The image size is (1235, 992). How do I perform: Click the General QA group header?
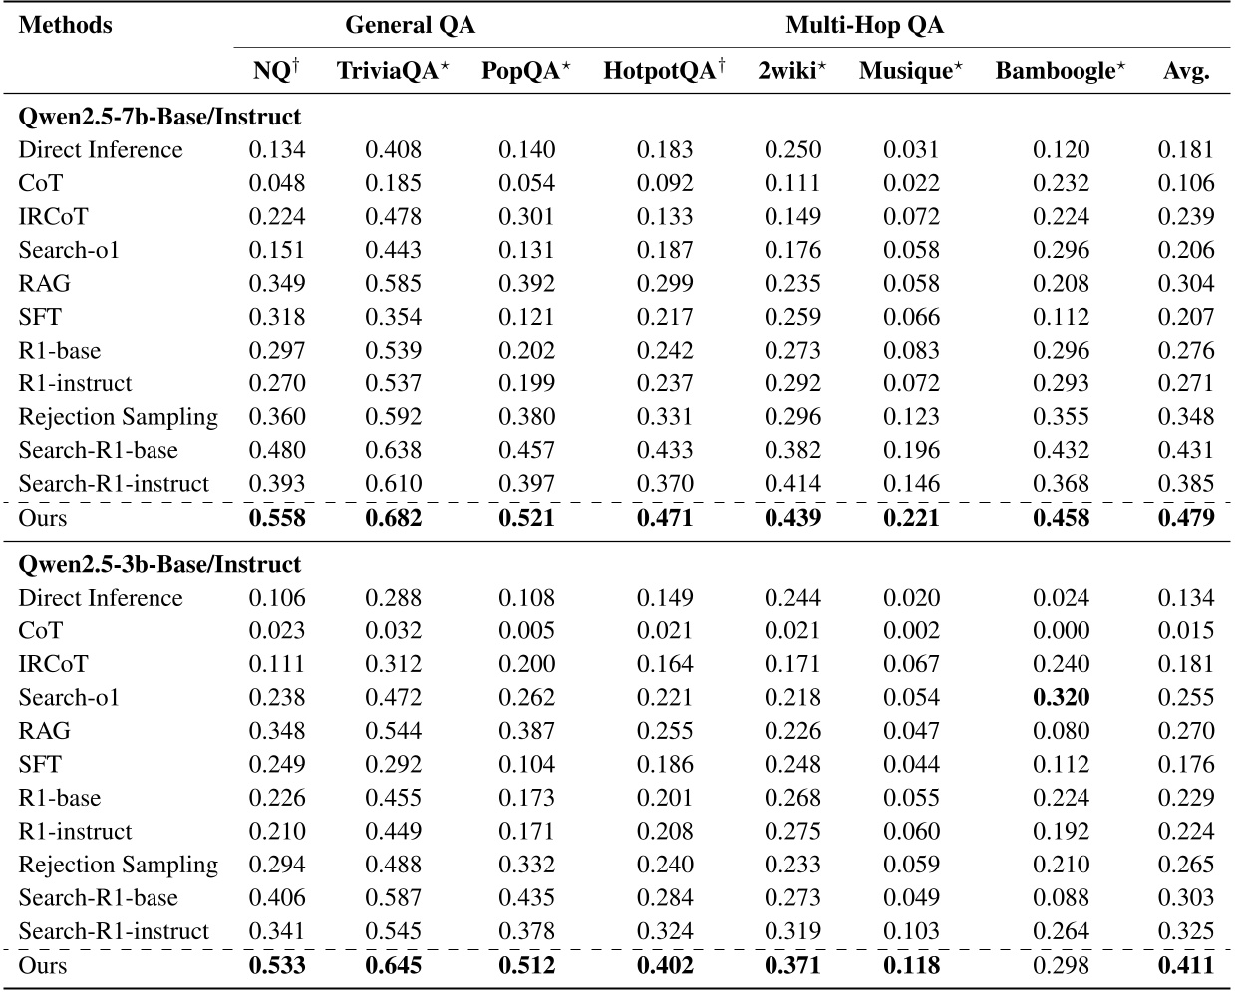pyautogui.click(x=410, y=25)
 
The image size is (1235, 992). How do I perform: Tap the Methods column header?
pyautogui.click(x=66, y=25)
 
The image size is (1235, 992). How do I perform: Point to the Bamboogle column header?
pyautogui.click(x=1061, y=71)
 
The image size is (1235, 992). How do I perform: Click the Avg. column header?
pyautogui.click(x=1186, y=71)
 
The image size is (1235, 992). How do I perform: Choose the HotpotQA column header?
pyautogui.click(x=664, y=71)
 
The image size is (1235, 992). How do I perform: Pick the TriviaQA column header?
pyautogui.click(x=393, y=71)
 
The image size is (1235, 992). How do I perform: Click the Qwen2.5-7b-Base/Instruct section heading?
pyautogui.click(x=159, y=117)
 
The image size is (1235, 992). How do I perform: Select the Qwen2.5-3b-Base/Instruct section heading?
pyautogui.click(x=159, y=564)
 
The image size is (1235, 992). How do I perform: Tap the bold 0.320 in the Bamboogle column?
pyautogui.click(x=1061, y=697)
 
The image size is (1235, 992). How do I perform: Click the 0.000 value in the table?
pyautogui.click(x=1061, y=630)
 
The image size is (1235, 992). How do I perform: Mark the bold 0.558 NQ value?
pyautogui.click(x=277, y=517)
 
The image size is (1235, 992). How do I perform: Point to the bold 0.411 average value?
pyautogui.click(x=1186, y=964)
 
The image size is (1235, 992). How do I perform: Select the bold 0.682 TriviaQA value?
pyautogui.click(x=393, y=517)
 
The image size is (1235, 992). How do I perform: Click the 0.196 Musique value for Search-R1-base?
pyautogui.click(x=911, y=450)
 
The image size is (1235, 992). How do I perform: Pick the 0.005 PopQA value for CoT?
pyautogui.click(x=526, y=630)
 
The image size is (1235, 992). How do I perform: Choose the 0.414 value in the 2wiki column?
pyautogui.click(x=792, y=484)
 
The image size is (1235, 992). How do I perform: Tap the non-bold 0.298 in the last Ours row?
pyautogui.click(x=1061, y=964)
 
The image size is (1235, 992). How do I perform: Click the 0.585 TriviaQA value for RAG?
pyautogui.click(x=393, y=284)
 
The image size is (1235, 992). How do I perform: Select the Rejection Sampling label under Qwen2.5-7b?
pyautogui.click(x=118, y=417)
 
